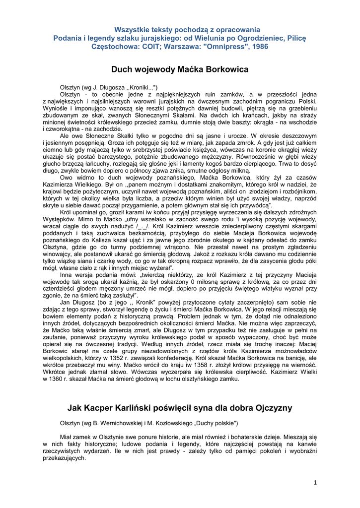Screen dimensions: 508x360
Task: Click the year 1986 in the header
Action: coord(259,47)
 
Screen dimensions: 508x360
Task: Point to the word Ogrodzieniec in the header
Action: coord(253,38)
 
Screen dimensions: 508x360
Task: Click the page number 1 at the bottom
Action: coord(315,483)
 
